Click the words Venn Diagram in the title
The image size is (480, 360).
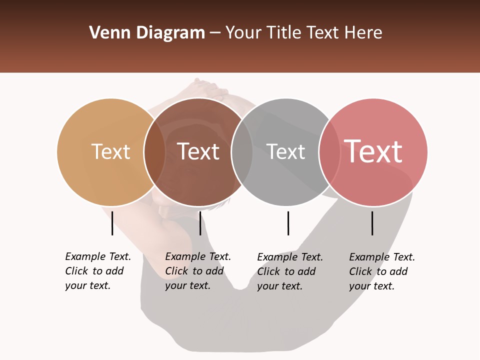pos(146,33)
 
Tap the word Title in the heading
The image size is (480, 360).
pos(283,33)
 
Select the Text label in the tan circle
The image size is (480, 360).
pos(110,151)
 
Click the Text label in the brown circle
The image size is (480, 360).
pos(198,151)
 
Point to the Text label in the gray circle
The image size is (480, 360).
pos(285,151)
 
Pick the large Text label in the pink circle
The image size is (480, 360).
pos(373,151)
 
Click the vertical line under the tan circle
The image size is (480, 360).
pos(112,223)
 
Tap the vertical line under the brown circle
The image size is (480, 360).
pos(200,223)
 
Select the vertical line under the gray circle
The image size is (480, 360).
pos(288,223)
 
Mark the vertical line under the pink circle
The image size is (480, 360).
pos(372,223)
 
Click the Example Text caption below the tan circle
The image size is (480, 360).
pos(97,271)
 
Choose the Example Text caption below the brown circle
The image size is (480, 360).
pos(197,271)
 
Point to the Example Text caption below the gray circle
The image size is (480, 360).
pos(289,271)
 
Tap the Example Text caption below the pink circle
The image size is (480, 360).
pos(381,271)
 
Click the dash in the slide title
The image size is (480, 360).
pos(215,33)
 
